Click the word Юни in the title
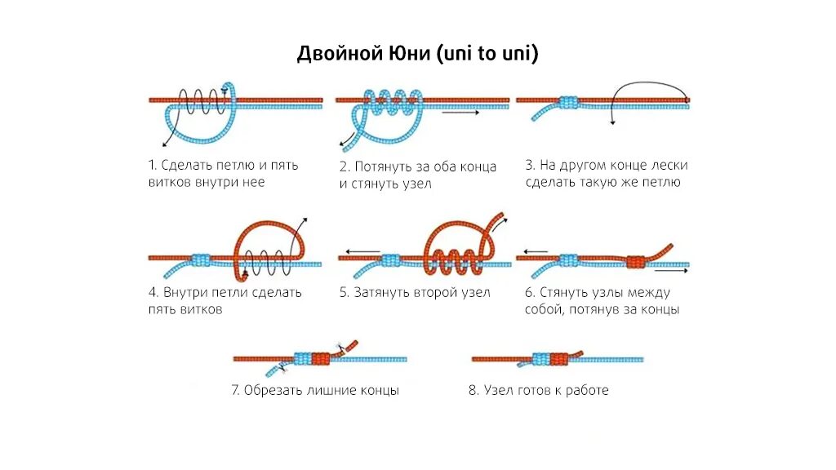408,54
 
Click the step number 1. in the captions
153,165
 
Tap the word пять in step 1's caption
282,165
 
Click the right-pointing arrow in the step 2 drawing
461,113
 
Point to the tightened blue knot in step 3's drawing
569,102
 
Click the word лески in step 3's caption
669,165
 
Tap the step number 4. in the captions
154,292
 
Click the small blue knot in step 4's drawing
201,259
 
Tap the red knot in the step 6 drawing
636,261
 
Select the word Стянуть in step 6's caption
563,292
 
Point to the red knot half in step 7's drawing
320,358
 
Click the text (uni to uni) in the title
488,54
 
